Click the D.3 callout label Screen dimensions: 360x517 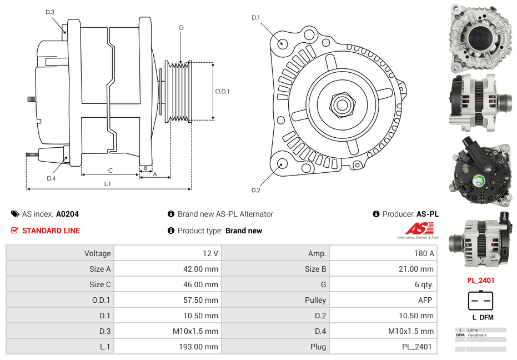[x=50, y=12]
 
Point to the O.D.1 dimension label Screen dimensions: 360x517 [x=222, y=91]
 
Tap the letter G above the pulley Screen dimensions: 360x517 [x=181, y=27]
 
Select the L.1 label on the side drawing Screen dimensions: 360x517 [x=107, y=183]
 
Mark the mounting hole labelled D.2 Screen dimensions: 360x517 [x=282, y=163]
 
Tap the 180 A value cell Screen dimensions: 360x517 [x=424, y=253]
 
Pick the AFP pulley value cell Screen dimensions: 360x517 [x=425, y=300]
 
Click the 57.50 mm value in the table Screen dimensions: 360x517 [x=202, y=300]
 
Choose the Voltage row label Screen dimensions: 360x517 [x=98, y=253]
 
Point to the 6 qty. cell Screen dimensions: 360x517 [x=423, y=284]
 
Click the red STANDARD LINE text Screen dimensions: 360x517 [x=51, y=231]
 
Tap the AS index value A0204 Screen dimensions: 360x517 [x=67, y=214]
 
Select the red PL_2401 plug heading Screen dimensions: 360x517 [x=480, y=281]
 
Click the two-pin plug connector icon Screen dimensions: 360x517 [x=480, y=301]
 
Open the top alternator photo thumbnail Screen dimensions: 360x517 [x=480, y=37]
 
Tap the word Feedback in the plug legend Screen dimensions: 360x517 [x=477, y=335]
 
